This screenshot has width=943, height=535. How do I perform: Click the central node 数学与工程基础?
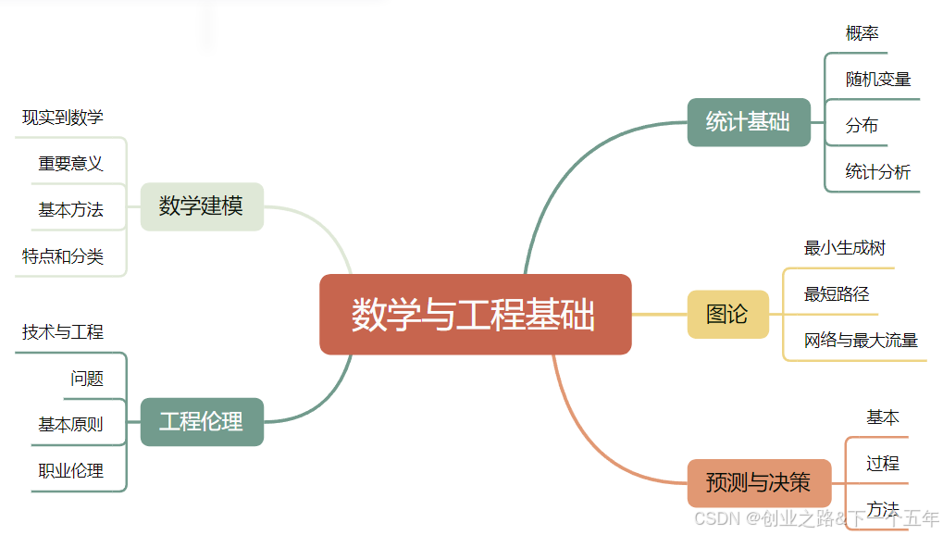pyautogui.click(x=475, y=315)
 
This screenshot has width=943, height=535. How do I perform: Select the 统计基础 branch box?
pyautogui.click(x=749, y=122)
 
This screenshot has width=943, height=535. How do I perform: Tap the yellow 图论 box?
pyautogui.click(x=727, y=315)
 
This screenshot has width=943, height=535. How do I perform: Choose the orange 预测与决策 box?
pyautogui.click(x=758, y=482)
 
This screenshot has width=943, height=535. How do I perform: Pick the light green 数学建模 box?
pyautogui.click(x=202, y=206)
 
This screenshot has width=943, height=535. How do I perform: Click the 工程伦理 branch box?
pyautogui.click(x=202, y=422)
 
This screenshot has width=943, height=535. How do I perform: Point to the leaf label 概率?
pyautogui.click(x=862, y=33)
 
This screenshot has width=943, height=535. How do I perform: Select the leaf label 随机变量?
pyautogui.click(x=878, y=80)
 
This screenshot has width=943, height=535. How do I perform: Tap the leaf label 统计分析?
pyautogui.click(x=877, y=171)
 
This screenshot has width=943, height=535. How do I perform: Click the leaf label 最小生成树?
pyautogui.click(x=845, y=248)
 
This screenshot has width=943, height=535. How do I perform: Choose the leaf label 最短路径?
pyautogui.click(x=837, y=294)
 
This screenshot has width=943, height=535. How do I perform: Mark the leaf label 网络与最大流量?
pyautogui.click(x=861, y=341)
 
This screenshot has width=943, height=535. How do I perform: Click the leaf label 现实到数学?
pyautogui.click(x=63, y=118)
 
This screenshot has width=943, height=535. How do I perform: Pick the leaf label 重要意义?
pyautogui.click(x=70, y=164)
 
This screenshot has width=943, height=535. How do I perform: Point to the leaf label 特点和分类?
pyautogui.click(x=63, y=256)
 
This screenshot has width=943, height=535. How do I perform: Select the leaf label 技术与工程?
pyautogui.click(x=63, y=332)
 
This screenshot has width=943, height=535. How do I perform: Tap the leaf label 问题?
pyautogui.click(x=87, y=379)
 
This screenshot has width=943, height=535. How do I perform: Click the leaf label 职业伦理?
pyautogui.click(x=70, y=470)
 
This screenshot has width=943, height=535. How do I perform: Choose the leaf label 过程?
pyautogui.click(x=883, y=463)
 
